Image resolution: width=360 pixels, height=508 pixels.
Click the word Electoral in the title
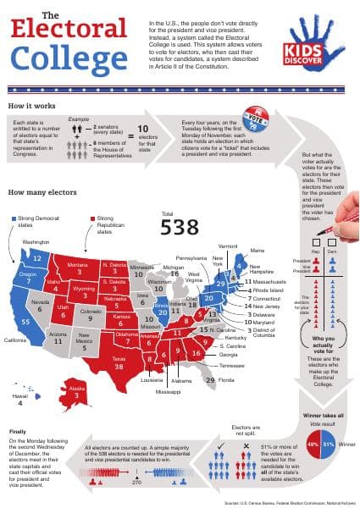(x=67, y=33)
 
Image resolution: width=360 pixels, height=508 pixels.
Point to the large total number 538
(x=180, y=226)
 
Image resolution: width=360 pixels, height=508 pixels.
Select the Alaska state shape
(x=76, y=390)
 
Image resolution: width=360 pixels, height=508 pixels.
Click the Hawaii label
(x=19, y=396)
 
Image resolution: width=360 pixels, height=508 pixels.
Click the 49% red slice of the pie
(x=313, y=444)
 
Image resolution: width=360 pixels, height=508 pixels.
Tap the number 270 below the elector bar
(x=136, y=482)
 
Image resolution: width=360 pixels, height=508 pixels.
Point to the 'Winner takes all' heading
(x=318, y=415)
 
